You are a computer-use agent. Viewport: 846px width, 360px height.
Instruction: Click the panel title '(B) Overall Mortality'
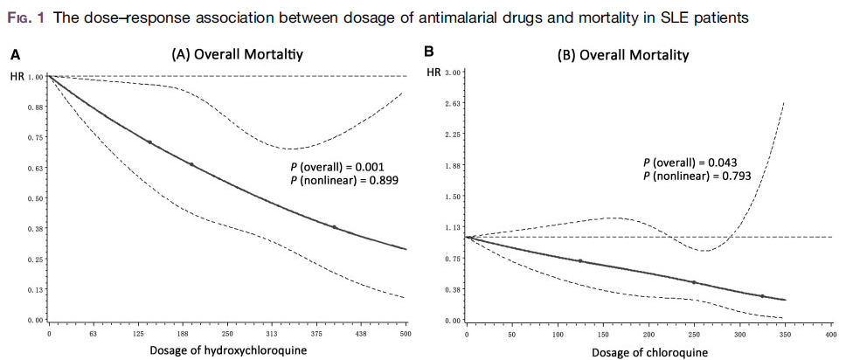(x=623, y=55)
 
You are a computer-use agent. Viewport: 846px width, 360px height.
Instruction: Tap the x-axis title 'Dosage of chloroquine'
(x=647, y=352)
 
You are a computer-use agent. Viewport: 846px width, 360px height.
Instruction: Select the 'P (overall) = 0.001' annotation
(x=337, y=166)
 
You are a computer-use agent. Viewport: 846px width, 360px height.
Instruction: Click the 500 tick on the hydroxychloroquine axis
(x=406, y=334)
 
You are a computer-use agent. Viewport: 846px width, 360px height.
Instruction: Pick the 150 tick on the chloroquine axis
(x=603, y=334)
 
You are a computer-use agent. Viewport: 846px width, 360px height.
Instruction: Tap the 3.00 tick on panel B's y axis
(x=453, y=72)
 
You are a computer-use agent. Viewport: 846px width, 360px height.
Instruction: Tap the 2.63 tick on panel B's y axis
(x=453, y=103)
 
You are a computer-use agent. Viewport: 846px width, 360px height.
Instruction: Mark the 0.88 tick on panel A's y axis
(x=35, y=107)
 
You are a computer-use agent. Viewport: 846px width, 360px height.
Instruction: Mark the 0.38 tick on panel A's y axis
(x=35, y=229)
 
